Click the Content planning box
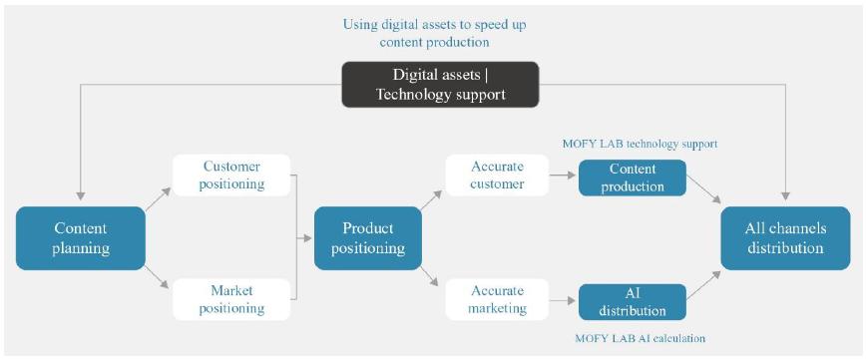point(81,238)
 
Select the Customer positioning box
point(231,176)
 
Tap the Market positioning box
point(231,299)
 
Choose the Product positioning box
point(368,238)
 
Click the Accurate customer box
point(497,176)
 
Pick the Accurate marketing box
point(497,299)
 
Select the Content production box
point(633,178)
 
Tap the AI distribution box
point(633,302)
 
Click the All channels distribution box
point(785,238)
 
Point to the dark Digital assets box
point(440,84)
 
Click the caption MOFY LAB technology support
point(641,145)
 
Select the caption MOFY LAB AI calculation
point(641,338)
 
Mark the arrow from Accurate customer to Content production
point(564,176)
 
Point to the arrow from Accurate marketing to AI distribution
point(564,300)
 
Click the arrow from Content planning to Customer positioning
point(159,198)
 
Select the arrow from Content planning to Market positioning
point(159,278)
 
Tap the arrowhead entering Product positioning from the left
point(308,238)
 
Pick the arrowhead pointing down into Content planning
point(81,196)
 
